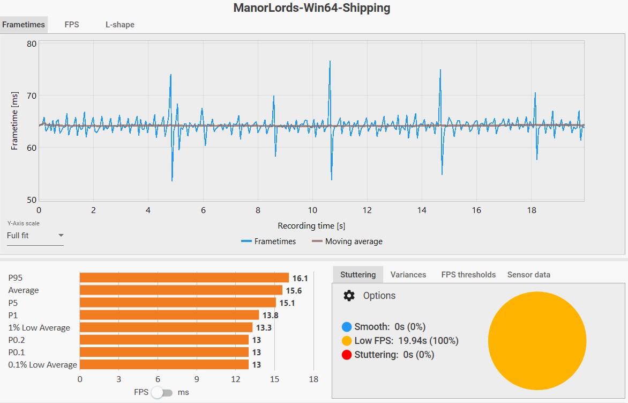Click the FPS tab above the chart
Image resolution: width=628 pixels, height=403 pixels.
[x=72, y=25]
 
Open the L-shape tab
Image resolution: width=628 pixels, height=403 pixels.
[x=119, y=25]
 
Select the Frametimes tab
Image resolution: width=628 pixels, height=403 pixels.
[x=24, y=25]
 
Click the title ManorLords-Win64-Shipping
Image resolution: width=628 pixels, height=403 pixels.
[x=312, y=8]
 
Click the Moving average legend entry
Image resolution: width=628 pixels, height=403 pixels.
[x=347, y=241]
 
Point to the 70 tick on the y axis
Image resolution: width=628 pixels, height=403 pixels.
[x=31, y=96]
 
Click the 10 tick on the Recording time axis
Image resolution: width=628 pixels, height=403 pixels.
[x=312, y=210]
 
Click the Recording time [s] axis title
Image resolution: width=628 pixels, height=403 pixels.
[x=311, y=225]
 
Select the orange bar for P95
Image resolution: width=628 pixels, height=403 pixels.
[x=184, y=278]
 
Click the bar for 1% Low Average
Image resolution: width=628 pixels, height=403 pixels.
[x=166, y=327]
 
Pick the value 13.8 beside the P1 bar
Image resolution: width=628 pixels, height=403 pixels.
[x=270, y=316]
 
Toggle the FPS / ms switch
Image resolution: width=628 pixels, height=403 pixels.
[x=162, y=392]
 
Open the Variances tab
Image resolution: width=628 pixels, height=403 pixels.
[x=408, y=275]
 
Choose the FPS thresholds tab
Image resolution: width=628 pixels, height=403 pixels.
[x=468, y=275]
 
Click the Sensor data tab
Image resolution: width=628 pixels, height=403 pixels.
[x=528, y=275]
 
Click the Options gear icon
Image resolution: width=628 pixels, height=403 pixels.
[x=349, y=296]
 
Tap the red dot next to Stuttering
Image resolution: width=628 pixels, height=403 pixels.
[x=347, y=355]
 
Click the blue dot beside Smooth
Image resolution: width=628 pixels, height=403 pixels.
[x=347, y=327]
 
